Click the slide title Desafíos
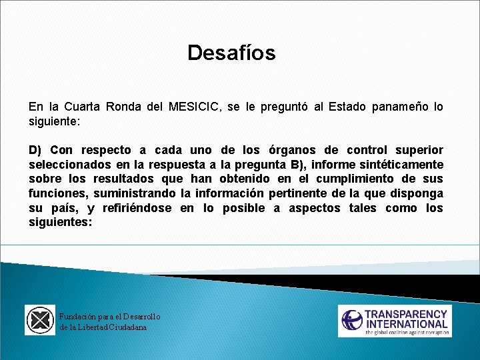[231, 53]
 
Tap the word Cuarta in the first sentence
[85, 107]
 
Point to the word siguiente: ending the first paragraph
[54, 122]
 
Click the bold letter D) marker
[35, 150]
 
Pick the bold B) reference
[298, 165]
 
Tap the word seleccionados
[68, 165]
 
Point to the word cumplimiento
[357, 179]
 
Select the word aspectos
[313, 208]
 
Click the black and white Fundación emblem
[40, 320]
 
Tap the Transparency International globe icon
[352, 320]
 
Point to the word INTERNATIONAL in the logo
[406, 325]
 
